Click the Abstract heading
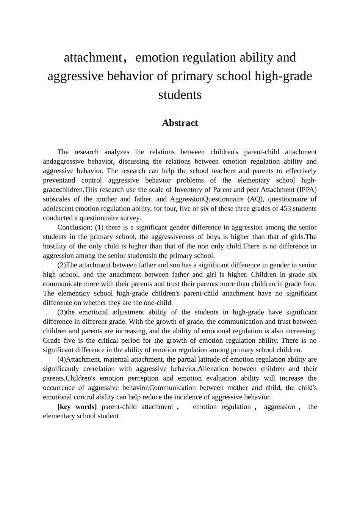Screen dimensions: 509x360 click(180, 123)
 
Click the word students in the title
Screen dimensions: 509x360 click(180, 94)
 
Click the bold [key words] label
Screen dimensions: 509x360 click(77, 407)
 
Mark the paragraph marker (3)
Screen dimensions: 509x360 click(62, 312)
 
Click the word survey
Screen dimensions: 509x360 click(131, 218)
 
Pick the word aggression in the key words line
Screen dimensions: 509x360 click(279, 407)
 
